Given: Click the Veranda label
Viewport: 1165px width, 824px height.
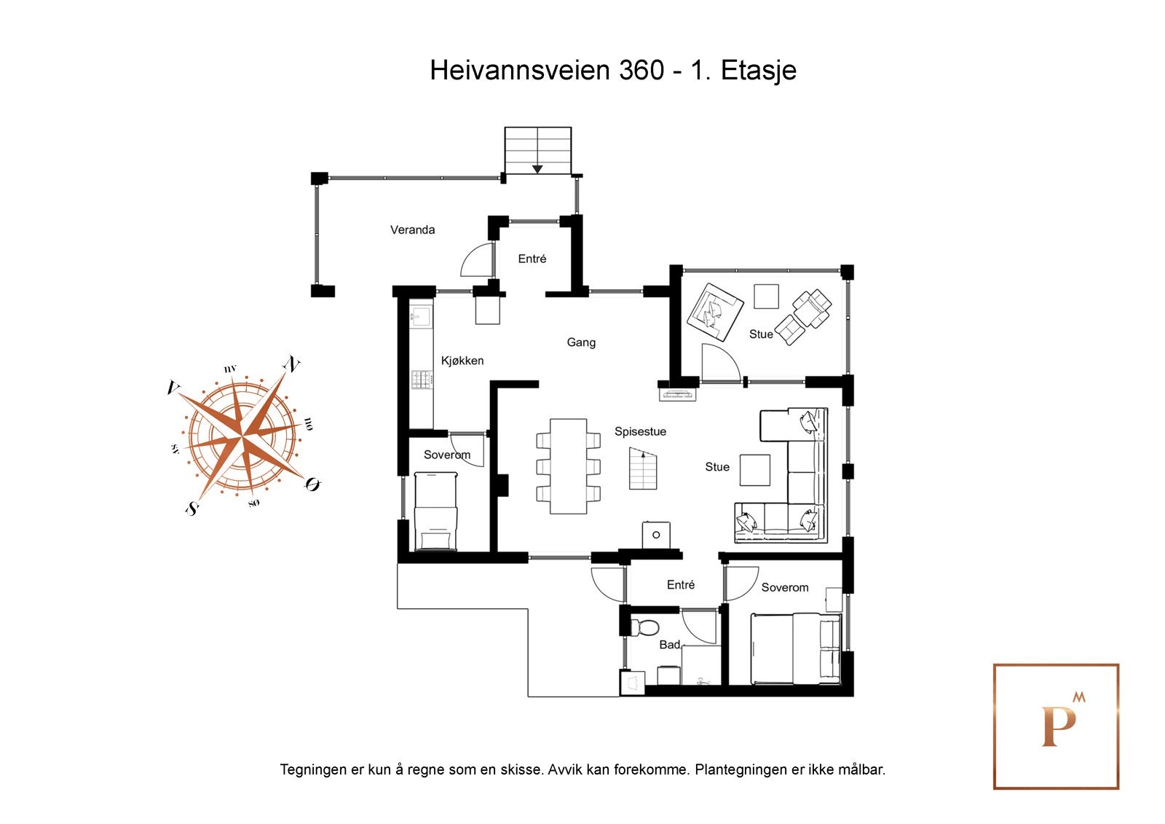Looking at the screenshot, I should tap(412, 230).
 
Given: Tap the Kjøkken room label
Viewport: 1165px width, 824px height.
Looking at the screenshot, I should tap(462, 361).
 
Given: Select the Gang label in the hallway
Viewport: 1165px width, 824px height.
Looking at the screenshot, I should tap(581, 342).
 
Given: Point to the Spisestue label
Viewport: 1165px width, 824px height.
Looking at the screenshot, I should tap(640, 432).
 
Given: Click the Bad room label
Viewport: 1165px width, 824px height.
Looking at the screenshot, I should tap(669, 645).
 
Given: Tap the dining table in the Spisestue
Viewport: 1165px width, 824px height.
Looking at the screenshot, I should tap(568, 466).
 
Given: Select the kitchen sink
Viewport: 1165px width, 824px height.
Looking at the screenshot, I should tap(421, 315).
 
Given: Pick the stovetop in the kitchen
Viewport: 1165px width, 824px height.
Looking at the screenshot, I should tap(422, 379).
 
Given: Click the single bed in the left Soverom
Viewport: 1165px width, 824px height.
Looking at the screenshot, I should tap(435, 511).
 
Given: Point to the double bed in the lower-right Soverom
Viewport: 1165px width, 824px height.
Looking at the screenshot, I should tap(796, 648).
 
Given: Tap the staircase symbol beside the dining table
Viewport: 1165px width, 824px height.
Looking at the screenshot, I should tap(642, 468).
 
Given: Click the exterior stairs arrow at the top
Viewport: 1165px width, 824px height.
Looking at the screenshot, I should tap(537, 168).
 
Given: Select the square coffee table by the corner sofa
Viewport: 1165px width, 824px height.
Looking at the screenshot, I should tap(755, 470).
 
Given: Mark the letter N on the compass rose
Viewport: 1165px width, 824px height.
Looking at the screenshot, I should tap(292, 364).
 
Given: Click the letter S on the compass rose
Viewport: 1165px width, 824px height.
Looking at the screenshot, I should tap(192, 509).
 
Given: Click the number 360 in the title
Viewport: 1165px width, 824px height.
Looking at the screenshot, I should tap(641, 71).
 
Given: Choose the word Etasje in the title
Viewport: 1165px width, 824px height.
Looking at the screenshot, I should tap(759, 71).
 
